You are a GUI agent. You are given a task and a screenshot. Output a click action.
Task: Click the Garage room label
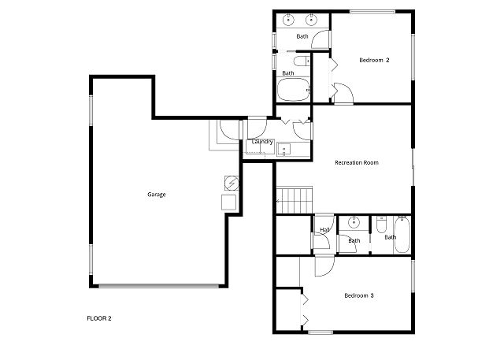click(157, 195)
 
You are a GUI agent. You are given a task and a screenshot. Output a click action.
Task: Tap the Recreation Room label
click(357, 162)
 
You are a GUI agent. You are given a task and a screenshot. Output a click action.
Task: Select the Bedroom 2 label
click(374, 60)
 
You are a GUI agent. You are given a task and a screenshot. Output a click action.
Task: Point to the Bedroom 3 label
click(359, 295)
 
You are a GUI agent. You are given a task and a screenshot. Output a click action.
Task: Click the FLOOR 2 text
click(99, 318)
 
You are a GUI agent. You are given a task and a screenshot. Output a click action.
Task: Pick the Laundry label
click(262, 142)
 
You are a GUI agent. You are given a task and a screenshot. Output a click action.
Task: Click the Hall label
click(324, 230)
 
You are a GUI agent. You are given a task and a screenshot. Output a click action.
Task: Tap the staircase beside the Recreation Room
click(295, 200)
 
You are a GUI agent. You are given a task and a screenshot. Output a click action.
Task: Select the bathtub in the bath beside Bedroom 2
click(294, 90)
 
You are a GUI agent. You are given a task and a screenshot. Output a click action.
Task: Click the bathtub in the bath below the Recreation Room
click(402, 235)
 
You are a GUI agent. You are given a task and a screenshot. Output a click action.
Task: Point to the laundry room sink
click(283, 150)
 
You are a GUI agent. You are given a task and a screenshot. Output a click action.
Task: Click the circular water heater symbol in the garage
click(232, 184)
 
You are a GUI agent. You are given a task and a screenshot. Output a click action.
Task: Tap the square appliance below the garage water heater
click(229, 202)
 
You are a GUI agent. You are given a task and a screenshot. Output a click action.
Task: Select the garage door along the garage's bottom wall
click(159, 286)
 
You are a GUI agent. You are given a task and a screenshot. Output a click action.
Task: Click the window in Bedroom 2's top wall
click(372, 12)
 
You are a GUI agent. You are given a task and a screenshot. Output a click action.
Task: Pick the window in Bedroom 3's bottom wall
click(321, 332)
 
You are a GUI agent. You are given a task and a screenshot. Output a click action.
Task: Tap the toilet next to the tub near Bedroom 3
click(381, 225)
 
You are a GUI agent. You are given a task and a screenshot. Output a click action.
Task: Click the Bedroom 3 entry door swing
click(324, 266)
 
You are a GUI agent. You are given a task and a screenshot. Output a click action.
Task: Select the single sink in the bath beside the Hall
click(354, 221)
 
